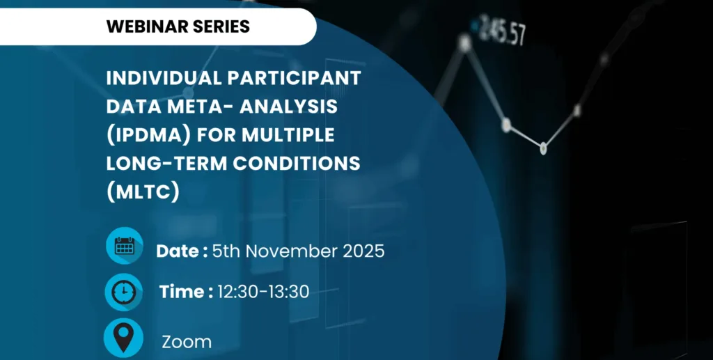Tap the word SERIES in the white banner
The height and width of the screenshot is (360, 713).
click(221, 26)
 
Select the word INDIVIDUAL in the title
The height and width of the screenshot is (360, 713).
click(164, 78)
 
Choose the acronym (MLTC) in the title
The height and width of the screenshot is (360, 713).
click(143, 191)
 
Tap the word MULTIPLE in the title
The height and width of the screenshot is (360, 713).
click(288, 135)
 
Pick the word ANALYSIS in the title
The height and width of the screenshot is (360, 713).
click(289, 107)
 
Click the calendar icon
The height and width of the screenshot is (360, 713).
click(125, 245)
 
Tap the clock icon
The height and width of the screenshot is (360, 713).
click(124, 292)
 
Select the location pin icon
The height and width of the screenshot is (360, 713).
click(124, 338)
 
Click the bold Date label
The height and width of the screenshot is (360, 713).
click(182, 251)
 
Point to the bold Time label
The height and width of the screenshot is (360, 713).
click(186, 291)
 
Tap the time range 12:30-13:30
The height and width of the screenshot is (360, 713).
click(263, 291)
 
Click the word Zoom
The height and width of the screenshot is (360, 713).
click(187, 343)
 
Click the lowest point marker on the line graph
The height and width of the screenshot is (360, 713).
click(543, 148)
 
